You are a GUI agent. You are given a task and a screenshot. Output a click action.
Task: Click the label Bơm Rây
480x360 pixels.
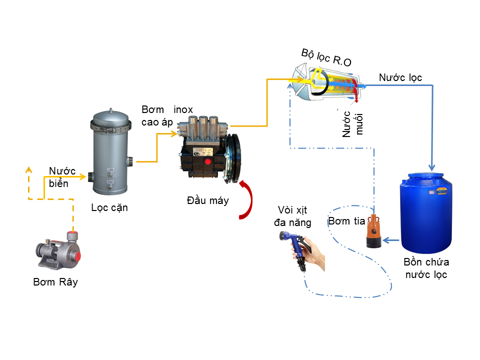coord(55,282)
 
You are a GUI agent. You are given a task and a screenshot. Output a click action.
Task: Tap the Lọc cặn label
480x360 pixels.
coord(109,207)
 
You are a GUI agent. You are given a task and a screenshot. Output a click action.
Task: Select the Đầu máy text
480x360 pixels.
coord(207,201)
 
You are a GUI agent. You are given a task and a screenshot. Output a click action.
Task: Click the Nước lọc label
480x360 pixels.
coord(400,77)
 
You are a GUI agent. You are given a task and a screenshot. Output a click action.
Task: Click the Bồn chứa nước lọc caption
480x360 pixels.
coord(426,268)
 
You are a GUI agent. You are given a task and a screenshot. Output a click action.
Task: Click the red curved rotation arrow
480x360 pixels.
coord(244,200)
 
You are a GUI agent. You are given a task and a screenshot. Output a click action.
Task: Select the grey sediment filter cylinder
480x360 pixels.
coord(110,160)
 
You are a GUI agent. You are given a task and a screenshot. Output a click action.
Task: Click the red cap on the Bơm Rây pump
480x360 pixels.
coord(76,256)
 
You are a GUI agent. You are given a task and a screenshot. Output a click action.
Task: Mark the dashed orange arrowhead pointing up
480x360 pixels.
coord(28,168)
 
